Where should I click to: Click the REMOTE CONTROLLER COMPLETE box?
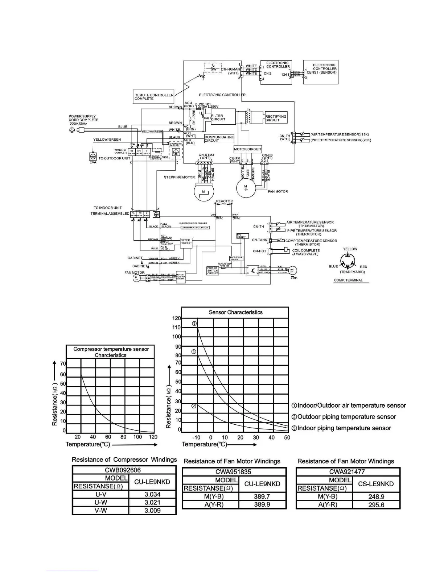pos(154,97)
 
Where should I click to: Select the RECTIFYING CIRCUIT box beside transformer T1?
pos(276,118)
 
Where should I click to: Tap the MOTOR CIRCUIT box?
pos(248,149)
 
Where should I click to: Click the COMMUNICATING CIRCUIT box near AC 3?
pos(219,139)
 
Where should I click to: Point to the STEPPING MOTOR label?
pos(179,177)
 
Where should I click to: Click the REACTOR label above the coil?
pos(224,201)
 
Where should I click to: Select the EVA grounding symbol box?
pos(93,156)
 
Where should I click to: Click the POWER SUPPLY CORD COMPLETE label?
pos(83,118)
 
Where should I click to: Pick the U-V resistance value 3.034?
pos(152,494)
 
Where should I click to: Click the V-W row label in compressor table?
pos(100,510)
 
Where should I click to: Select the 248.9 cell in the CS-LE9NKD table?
pos(376,496)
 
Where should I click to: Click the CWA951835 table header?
pos(234,472)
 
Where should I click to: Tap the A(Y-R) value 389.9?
pos(262,504)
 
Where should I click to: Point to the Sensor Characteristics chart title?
pos(235,312)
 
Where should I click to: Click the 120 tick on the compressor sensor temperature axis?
pos(153,437)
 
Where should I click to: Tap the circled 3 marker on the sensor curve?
pos(194,323)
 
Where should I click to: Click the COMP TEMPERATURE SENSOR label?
pos(311,241)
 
